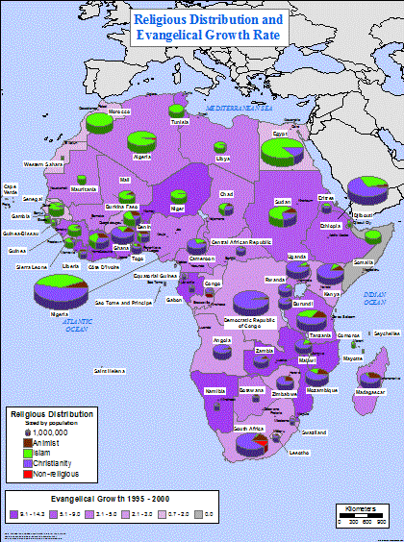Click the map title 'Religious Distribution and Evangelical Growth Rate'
point(208,26)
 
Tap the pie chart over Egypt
point(285,149)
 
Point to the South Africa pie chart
point(254,442)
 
